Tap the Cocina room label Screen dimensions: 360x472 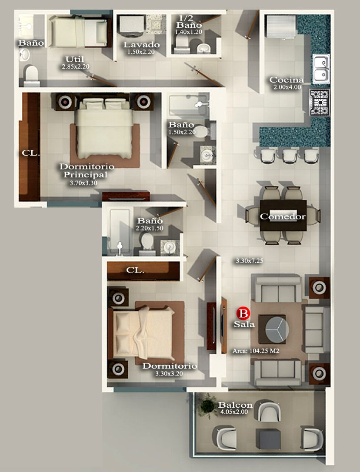[287, 80]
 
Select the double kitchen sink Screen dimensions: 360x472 [321, 69]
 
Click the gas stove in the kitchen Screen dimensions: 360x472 [319, 102]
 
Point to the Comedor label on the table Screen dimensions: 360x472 [283, 216]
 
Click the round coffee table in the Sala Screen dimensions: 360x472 [277, 329]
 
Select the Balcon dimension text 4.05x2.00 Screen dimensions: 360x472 [234, 412]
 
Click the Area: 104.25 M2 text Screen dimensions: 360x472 [256, 351]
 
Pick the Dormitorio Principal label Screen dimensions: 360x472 [87, 170]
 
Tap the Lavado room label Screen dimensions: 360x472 [141, 45]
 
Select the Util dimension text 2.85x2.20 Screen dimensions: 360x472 [76, 67]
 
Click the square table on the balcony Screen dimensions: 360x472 [268, 440]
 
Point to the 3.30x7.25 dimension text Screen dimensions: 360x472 [249, 261]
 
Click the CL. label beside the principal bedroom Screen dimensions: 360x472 [31, 153]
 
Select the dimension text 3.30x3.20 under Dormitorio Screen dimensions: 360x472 [169, 374]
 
